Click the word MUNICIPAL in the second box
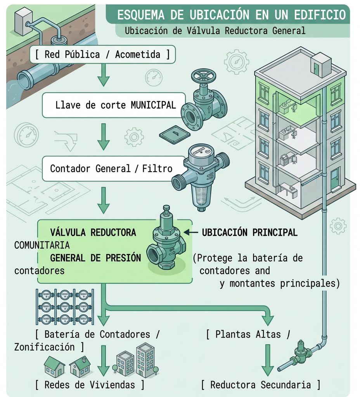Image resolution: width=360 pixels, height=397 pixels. [x=153, y=105]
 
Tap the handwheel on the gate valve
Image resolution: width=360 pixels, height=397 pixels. [x=204, y=76]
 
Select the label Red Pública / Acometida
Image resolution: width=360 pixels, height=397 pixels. [x=102, y=54]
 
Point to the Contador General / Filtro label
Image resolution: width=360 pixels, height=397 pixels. [x=111, y=168]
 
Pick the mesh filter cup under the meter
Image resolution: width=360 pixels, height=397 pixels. [x=202, y=197]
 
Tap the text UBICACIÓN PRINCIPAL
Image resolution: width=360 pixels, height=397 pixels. [x=250, y=232]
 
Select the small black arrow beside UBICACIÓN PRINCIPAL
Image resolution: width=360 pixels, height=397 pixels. [x=191, y=232]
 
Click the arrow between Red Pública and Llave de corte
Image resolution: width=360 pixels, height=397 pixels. [x=103, y=75]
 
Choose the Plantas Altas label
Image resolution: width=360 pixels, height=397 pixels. [x=248, y=334]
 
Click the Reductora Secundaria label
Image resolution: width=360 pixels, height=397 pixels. [x=261, y=385]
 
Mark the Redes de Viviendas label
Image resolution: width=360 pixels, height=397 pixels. [x=90, y=385]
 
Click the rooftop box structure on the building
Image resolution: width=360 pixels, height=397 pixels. [x=321, y=64]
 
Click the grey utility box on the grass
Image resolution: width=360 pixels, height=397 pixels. [x=24, y=21]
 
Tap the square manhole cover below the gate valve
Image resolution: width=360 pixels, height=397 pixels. [x=175, y=135]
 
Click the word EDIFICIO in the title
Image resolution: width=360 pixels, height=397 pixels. [x=320, y=15]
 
